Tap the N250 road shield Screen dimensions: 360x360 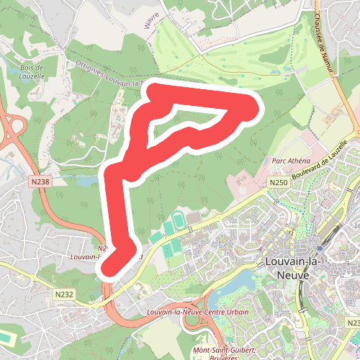(279, 184)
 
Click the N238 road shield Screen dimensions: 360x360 (40, 182)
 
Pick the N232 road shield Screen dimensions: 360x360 (63, 294)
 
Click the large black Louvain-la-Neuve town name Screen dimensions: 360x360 (287, 268)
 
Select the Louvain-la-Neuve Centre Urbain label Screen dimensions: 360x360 (197, 312)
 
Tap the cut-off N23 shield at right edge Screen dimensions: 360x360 (354, 323)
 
